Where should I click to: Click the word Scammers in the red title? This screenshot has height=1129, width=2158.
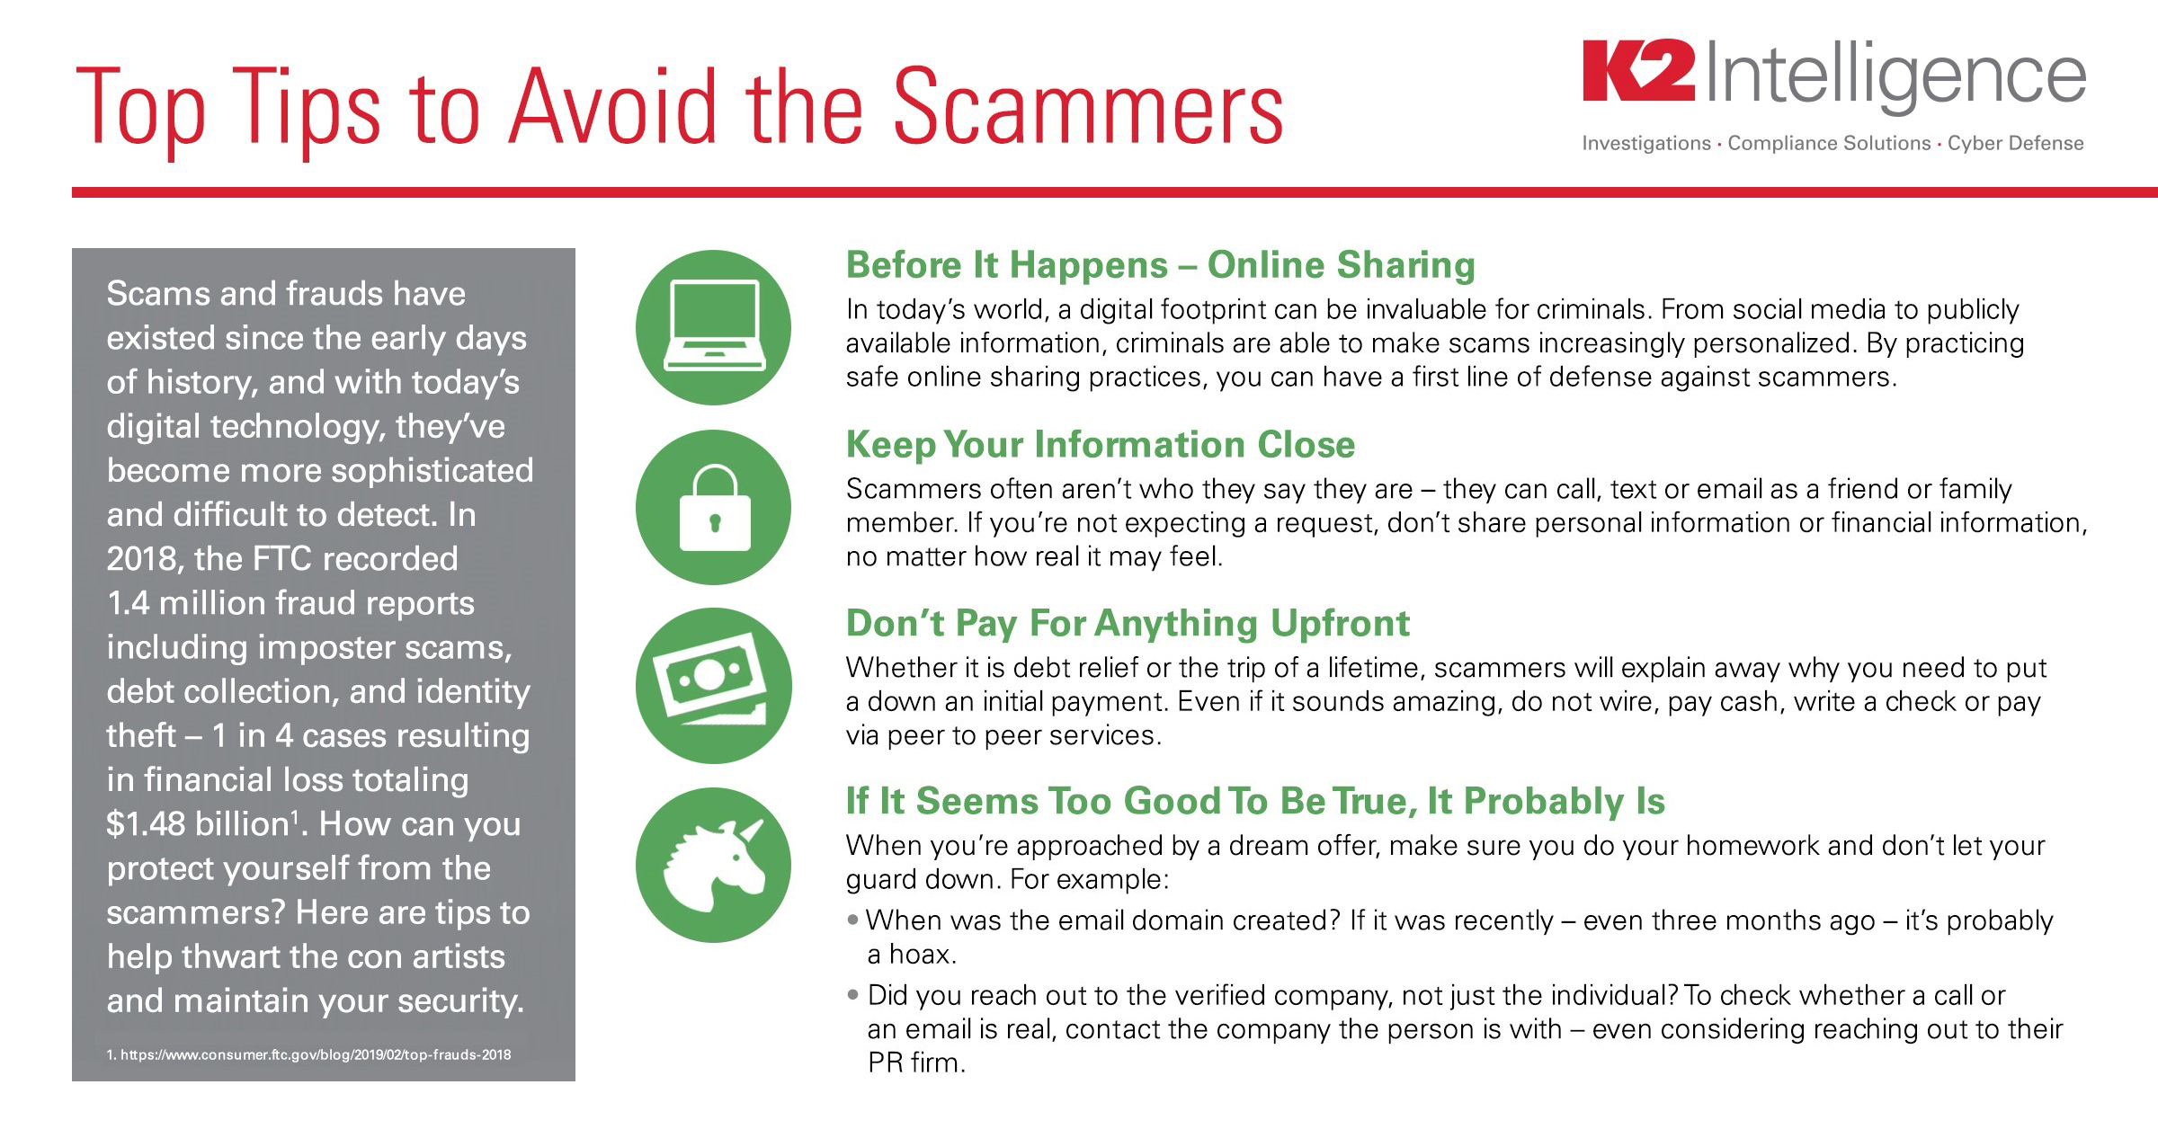[x=1088, y=108]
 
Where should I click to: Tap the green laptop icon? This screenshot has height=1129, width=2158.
[x=713, y=327]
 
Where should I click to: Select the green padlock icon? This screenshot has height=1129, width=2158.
[x=713, y=507]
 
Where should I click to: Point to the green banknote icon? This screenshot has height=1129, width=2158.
[x=713, y=686]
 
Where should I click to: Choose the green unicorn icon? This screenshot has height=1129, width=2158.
[x=713, y=865]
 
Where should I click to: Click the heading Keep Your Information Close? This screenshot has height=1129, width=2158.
[x=1101, y=445]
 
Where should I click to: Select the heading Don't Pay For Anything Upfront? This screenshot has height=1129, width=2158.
[x=1128, y=624]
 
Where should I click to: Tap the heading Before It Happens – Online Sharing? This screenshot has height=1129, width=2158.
[x=1161, y=265]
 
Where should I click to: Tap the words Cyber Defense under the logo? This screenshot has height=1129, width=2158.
[x=2015, y=143]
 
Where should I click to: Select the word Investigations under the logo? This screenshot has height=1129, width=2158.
[x=1646, y=144]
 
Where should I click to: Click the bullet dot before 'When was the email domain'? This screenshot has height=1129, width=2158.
[x=853, y=920]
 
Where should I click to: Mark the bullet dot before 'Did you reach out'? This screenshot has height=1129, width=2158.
[x=853, y=995]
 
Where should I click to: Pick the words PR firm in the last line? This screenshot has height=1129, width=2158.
[x=916, y=1062]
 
